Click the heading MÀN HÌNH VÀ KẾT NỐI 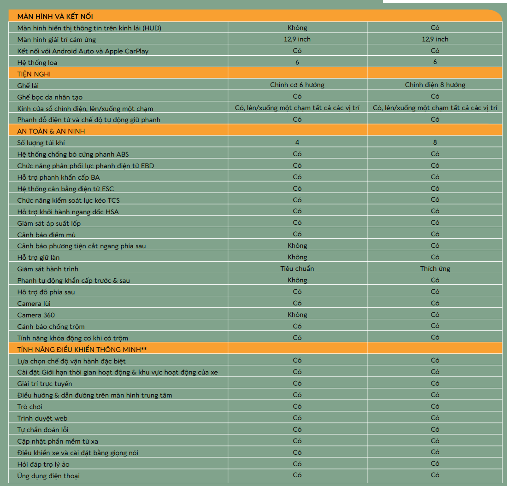pos(55,17)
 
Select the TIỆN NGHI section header pos(34,74)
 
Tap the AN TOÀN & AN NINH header pos(51,131)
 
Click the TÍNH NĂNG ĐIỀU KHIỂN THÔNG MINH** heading pos(82,349)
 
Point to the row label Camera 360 pos(36,315)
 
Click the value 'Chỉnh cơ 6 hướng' pos(297,85)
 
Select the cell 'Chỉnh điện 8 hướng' pos(435,85)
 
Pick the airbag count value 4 pos(297,142)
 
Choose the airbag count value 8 pos(435,142)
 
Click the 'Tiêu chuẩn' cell pos(297,269)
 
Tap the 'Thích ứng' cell pos(435,269)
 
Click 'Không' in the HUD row pos(297,28)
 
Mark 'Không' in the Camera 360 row pos(297,315)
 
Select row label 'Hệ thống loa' pos(37,62)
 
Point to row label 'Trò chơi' pos(29,407)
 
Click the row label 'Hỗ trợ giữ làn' pos(38,258)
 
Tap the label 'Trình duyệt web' pos(42,418)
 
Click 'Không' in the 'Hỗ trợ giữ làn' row pos(297,257)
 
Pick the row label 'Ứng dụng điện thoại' pos(48,476)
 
